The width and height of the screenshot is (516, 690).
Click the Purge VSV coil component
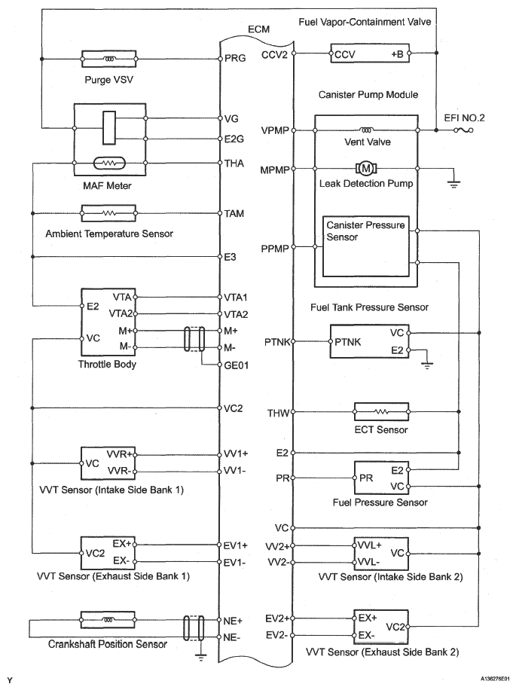pos(108,59)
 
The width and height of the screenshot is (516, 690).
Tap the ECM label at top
pos(258,29)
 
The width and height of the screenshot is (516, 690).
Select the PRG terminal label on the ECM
pos(235,58)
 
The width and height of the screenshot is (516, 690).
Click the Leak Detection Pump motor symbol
pos(366,168)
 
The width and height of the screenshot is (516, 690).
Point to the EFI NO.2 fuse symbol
pos(463,130)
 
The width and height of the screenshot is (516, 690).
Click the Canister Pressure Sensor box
pos(366,246)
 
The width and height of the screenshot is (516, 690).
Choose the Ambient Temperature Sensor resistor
pos(108,213)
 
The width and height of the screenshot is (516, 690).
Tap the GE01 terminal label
pos(237,365)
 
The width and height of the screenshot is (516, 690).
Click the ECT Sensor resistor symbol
pos(381,412)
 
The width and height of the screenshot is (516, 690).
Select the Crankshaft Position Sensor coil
pos(108,620)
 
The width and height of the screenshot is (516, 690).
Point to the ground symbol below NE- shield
pos(200,658)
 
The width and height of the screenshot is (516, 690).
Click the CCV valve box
pos(370,53)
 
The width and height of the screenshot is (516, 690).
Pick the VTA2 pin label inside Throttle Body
pos(121,314)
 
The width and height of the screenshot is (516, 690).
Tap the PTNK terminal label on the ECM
pos(276,341)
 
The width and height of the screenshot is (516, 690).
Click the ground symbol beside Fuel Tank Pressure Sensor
pos(426,365)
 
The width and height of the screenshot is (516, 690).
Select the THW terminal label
pos(279,414)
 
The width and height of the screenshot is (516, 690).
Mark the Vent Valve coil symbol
pos(366,130)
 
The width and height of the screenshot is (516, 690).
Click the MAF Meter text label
pos(107,186)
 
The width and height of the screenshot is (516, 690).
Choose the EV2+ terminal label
pos(276,618)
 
